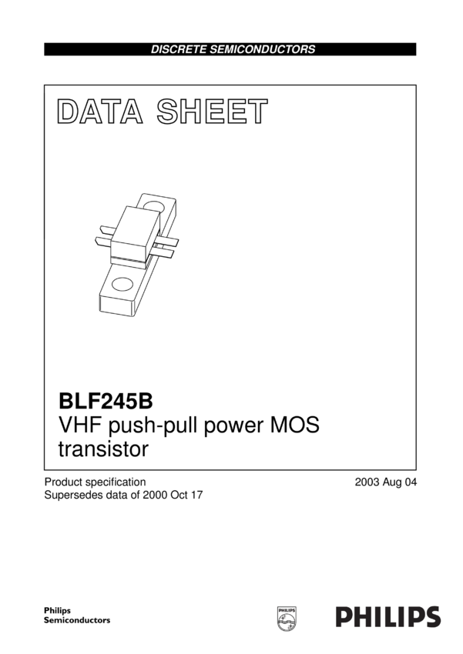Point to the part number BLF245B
click(106, 401)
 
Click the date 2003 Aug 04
click(385, 482)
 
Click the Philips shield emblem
click(286, 616)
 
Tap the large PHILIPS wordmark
click(388, 616)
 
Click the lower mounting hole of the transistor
click(122, 286)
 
